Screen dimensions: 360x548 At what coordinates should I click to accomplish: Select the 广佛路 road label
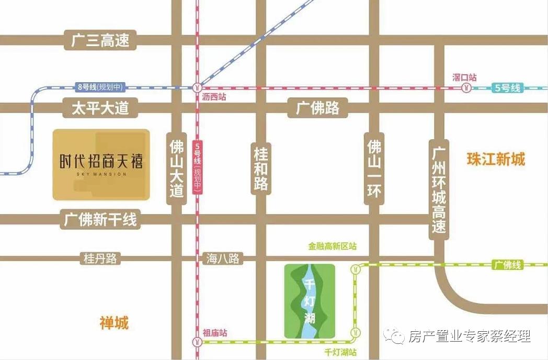(x=318, y=108)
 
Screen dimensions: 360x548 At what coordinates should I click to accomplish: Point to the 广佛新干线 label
(x=100, y=219)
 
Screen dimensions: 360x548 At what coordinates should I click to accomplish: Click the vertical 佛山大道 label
(x=177, y=168)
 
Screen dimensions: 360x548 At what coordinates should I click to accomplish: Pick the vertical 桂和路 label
(x=261, y=168)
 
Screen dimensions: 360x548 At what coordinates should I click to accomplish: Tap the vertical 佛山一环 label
(x=374, y=168)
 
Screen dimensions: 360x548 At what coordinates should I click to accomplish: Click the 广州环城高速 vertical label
(x=439, y=189)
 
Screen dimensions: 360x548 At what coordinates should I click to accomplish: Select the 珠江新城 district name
(x=496, y=159)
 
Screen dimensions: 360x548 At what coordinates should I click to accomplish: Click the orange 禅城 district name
(x=114, y=323)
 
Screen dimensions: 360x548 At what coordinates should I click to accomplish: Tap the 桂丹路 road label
(x=100, y=258)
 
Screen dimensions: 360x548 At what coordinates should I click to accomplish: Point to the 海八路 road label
(x=222, y=258)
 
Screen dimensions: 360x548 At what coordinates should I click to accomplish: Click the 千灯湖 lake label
(x=309, y=301)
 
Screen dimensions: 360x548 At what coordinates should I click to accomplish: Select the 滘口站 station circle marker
(x=465, y=89)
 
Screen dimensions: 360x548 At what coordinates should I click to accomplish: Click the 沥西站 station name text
(x=214, y=97)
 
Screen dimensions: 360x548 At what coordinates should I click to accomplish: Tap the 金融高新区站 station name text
(x=333, y=246)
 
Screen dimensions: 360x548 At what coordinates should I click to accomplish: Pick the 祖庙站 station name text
(x=214, y=333)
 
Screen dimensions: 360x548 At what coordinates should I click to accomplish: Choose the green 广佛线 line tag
(x=508, y=265)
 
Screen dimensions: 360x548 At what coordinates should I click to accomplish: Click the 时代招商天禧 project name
(x=101, y=161)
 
